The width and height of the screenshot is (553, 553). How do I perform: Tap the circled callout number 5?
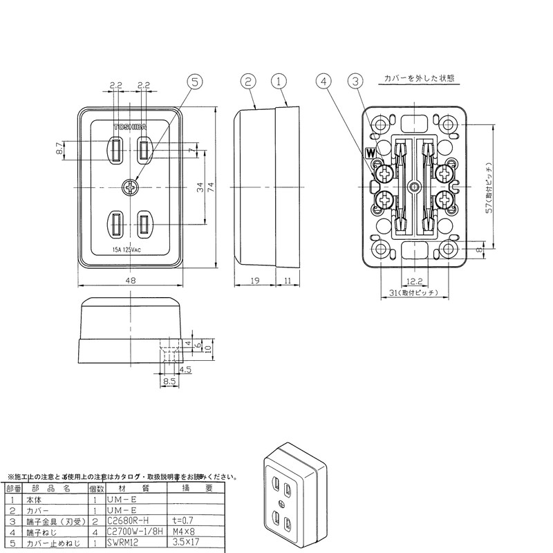[196, 82]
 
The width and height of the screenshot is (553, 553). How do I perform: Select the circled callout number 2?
[248, 81]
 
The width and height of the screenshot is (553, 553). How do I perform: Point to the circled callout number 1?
[279, 81]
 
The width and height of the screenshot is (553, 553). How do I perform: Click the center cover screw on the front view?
[130, 187]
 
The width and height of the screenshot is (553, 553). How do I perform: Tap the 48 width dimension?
[130, 280]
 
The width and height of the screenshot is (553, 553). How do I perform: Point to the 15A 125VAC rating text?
[130, 250]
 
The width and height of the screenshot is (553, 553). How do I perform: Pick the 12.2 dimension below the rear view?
[414, 282]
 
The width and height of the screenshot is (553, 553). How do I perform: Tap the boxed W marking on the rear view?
[371, 151]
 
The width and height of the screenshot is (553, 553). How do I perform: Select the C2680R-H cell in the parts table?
[126, 520]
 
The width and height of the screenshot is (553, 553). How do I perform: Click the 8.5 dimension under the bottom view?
[169, 379]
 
